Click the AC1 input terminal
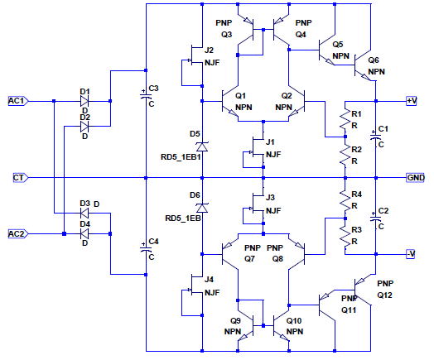[18, 101]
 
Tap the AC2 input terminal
[18, 234]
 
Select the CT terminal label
[21, 177]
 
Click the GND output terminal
[416, 177]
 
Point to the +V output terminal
[412, 101]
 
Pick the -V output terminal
[411, 254]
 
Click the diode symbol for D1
[84, 101]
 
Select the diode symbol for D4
[84, 234]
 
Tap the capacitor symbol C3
[146, 95]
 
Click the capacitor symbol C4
[146, 248]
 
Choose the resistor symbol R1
[345, 119]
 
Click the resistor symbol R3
[345, 236]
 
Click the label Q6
[374, 60]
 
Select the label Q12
[384, 295]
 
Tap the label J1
[270, 142]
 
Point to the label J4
[209, 280]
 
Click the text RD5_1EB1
[181, 157]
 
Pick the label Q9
[235, 321]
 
